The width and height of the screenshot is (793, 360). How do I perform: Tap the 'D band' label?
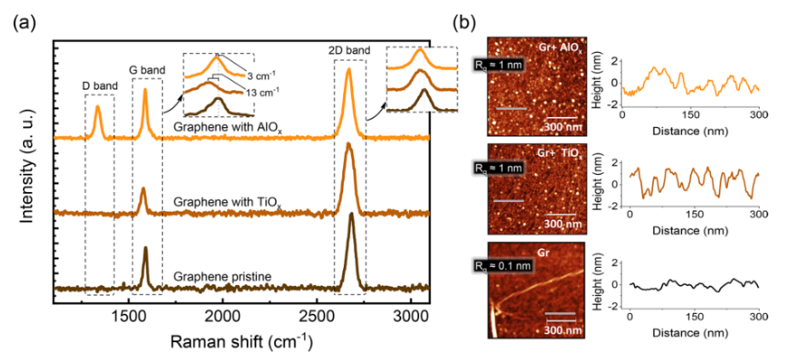pyautogui.click(x=98, y=85)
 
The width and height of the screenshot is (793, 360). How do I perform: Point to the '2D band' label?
pyautogui.click(x=349, y=51)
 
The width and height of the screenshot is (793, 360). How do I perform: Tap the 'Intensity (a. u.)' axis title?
pyautogui.click(x=27, y=172)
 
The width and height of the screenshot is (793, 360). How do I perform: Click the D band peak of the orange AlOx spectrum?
pyautogui.click(x=98, y=107)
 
